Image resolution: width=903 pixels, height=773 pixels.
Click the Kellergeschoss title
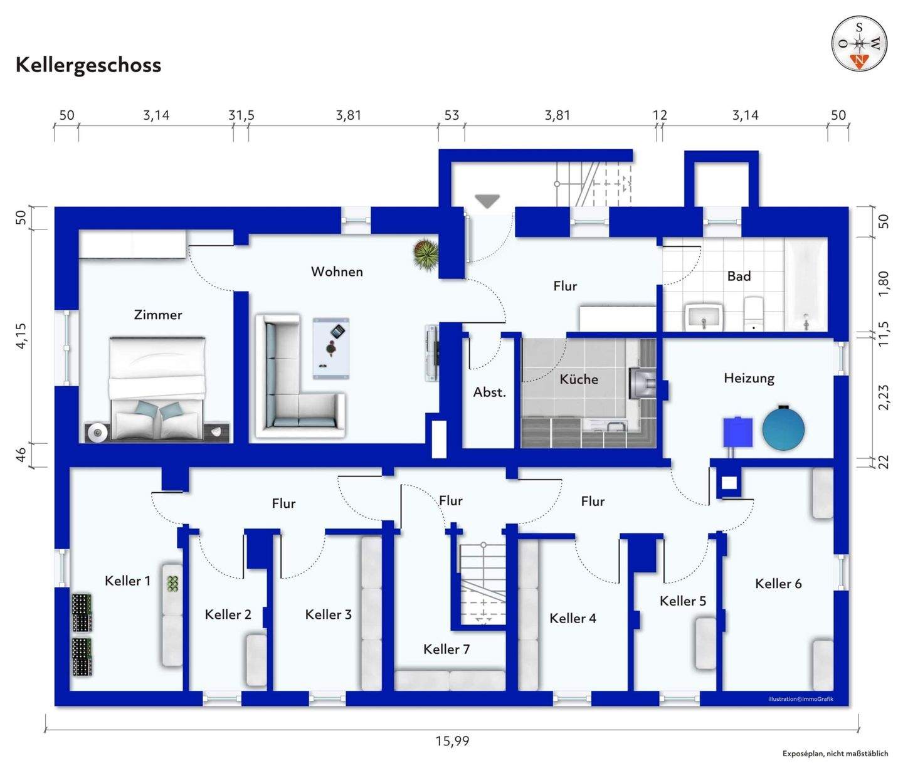click(88, 65)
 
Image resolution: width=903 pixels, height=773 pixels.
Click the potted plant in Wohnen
click(426, 254)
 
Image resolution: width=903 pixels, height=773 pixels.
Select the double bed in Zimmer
click(157, 388)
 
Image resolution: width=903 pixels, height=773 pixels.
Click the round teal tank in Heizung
click(783, 428)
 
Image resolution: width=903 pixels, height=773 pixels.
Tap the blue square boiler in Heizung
click(738, 432)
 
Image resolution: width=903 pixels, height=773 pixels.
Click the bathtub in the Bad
click(806, 284)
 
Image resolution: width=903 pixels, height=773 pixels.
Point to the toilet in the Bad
click(753, 313)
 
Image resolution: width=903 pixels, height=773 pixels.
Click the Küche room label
click(579, 379)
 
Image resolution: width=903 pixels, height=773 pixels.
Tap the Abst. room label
click(489, 392)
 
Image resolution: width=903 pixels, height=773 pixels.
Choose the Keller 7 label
click(446, 649)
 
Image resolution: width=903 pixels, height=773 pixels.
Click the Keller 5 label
click(683, 601)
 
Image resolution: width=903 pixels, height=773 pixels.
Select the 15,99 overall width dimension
click(452, 740)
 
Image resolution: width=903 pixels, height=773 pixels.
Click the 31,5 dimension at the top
click(241, 115)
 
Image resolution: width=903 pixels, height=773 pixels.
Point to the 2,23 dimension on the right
click(884, 397)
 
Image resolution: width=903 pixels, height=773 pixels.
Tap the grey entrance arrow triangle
click(487, 201)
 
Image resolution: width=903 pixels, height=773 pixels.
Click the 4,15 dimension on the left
click(21, 335)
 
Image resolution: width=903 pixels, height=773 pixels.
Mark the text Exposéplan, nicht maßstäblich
click(835, 754)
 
